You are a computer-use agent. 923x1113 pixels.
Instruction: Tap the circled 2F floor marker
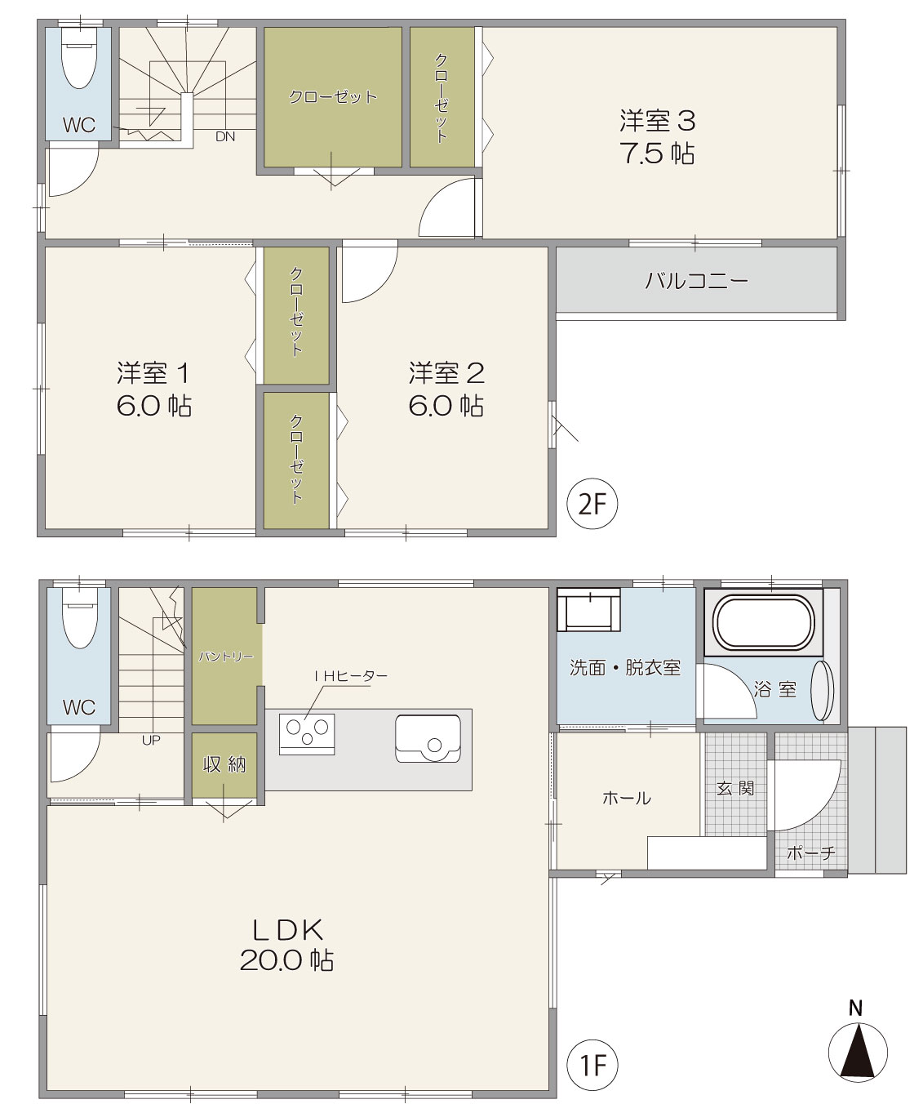tap(592, 504)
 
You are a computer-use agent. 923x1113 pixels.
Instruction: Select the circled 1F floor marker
tap(592, 1066)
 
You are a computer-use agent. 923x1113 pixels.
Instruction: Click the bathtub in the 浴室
tap(764, 622)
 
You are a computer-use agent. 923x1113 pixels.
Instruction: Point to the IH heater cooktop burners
tap(307, 733)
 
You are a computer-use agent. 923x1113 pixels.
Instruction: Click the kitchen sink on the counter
tap(428, 738)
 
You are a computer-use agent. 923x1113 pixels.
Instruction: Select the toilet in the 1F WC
tap(80, 618)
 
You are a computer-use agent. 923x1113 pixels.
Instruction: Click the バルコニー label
tap(696, 280)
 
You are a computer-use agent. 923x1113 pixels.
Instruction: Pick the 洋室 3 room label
tap(658, 121)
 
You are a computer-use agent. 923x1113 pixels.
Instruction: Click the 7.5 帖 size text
tap(658, 154)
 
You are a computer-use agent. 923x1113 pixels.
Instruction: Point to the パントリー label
tap(226, 657)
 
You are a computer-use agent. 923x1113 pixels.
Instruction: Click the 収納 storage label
tap(224, 765)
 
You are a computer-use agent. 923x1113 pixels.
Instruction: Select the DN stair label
tap(225, 136)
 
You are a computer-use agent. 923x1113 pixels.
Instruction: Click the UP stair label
tap(151, 740)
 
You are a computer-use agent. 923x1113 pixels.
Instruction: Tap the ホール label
tap(627, 798)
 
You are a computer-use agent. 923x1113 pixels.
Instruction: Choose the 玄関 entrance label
tap(735, 788)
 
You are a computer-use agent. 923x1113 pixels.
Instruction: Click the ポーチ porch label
tap(811, 853)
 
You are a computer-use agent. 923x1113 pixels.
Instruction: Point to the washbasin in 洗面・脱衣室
tap(589, 610)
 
